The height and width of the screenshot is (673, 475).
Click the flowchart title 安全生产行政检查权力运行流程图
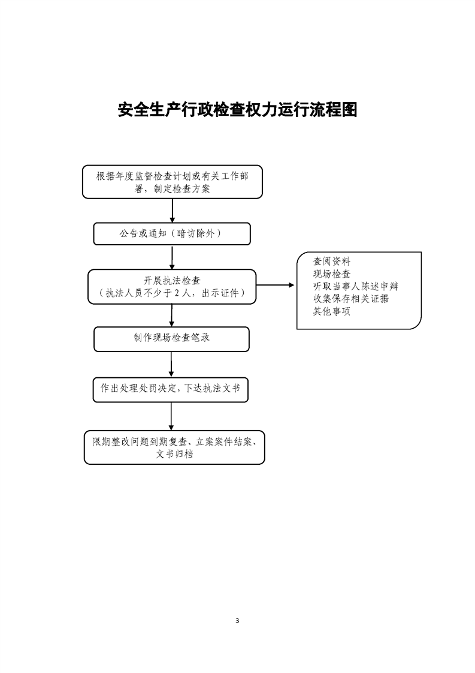click(237, 110)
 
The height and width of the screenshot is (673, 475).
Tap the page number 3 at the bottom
click(237, 620)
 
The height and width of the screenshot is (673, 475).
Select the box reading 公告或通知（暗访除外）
click(172, 234)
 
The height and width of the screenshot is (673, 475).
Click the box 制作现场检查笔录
click(171, 339)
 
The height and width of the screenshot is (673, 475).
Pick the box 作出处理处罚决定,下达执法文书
click(171, 390)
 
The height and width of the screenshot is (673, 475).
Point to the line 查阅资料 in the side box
click(331, 262)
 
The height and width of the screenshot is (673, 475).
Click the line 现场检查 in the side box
click(331, 274)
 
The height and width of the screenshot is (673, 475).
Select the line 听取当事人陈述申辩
click(355, 286)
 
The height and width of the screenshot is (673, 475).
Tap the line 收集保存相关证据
click(350, 299)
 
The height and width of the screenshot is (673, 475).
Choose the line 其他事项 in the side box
click(331, 311)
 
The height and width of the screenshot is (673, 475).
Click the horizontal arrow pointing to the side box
click(275, 285)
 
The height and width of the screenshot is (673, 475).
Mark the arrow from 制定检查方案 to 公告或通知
click(173, 211)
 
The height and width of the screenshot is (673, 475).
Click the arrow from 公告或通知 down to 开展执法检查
click(172, 257)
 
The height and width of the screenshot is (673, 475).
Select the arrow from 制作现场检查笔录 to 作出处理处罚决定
click(171, 365)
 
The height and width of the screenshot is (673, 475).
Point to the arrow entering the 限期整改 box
click(171, 416)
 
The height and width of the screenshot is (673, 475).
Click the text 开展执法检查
click(172, 281)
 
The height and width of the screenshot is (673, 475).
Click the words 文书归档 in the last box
click(174, 454)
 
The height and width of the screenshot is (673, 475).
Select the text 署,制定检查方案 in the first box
click(173, 189)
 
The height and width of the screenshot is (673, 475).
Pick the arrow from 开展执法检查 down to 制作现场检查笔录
click(171, 316)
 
